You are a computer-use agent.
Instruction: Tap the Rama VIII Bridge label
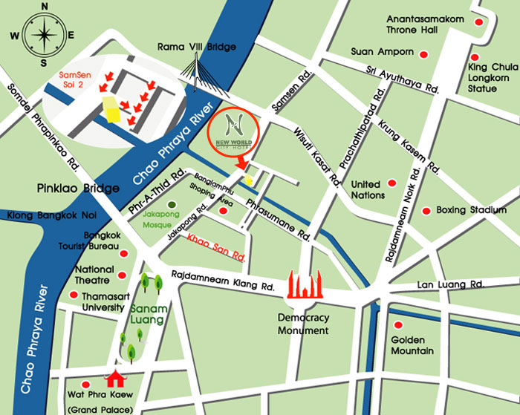197,48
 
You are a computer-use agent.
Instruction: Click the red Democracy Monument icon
303,285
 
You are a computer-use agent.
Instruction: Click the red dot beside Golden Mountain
398,325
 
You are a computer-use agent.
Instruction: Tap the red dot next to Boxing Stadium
426,211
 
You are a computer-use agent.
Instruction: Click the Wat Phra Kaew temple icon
116,379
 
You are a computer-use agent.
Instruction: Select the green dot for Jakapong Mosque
172,204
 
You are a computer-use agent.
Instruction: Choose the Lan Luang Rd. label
451,285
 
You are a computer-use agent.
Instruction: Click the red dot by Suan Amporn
423,54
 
